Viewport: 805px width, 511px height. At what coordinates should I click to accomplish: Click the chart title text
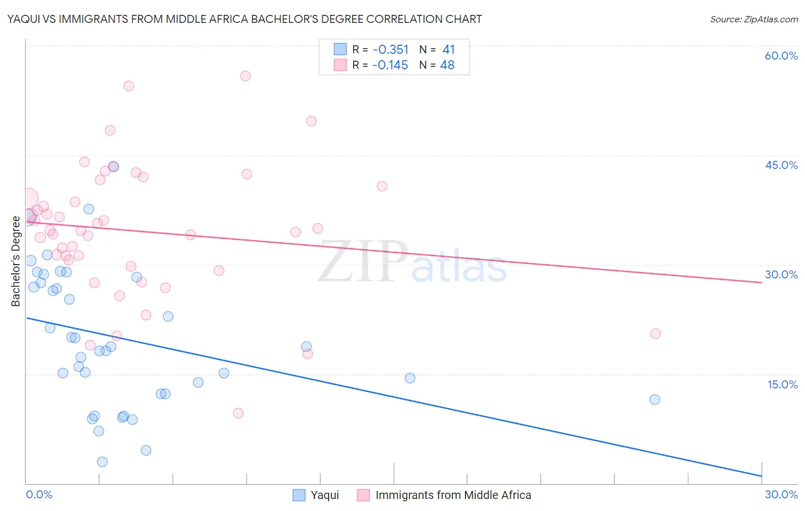244,19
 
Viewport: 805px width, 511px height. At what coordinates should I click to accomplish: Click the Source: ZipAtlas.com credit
753,19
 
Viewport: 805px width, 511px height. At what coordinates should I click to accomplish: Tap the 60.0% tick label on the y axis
780,56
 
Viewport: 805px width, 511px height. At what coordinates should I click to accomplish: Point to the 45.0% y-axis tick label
781,165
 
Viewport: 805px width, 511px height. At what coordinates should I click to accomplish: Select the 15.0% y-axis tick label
782,384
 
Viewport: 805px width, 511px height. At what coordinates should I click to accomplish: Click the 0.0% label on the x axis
39,494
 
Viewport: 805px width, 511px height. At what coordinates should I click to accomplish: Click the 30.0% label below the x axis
781,494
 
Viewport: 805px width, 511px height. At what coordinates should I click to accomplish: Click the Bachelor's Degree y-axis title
15,261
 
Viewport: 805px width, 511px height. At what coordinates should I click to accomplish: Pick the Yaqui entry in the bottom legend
325,495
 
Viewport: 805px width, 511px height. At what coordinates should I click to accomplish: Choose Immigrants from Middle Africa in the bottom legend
453,495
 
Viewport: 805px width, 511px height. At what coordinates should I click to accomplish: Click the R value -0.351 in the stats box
390,50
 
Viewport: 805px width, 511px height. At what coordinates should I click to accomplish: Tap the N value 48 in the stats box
447,65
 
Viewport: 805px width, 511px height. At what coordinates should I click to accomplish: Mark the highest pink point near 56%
246,76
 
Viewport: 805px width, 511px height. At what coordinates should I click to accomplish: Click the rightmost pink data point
656,333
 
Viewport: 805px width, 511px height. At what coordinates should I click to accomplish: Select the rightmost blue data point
655,399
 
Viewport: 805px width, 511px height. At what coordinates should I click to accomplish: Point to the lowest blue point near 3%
102,462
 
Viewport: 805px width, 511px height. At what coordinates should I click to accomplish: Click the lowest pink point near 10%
238,413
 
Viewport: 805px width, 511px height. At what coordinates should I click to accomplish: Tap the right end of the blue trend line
761,476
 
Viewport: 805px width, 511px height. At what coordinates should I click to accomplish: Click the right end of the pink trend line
761,282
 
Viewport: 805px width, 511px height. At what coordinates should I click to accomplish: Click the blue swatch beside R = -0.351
340,50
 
